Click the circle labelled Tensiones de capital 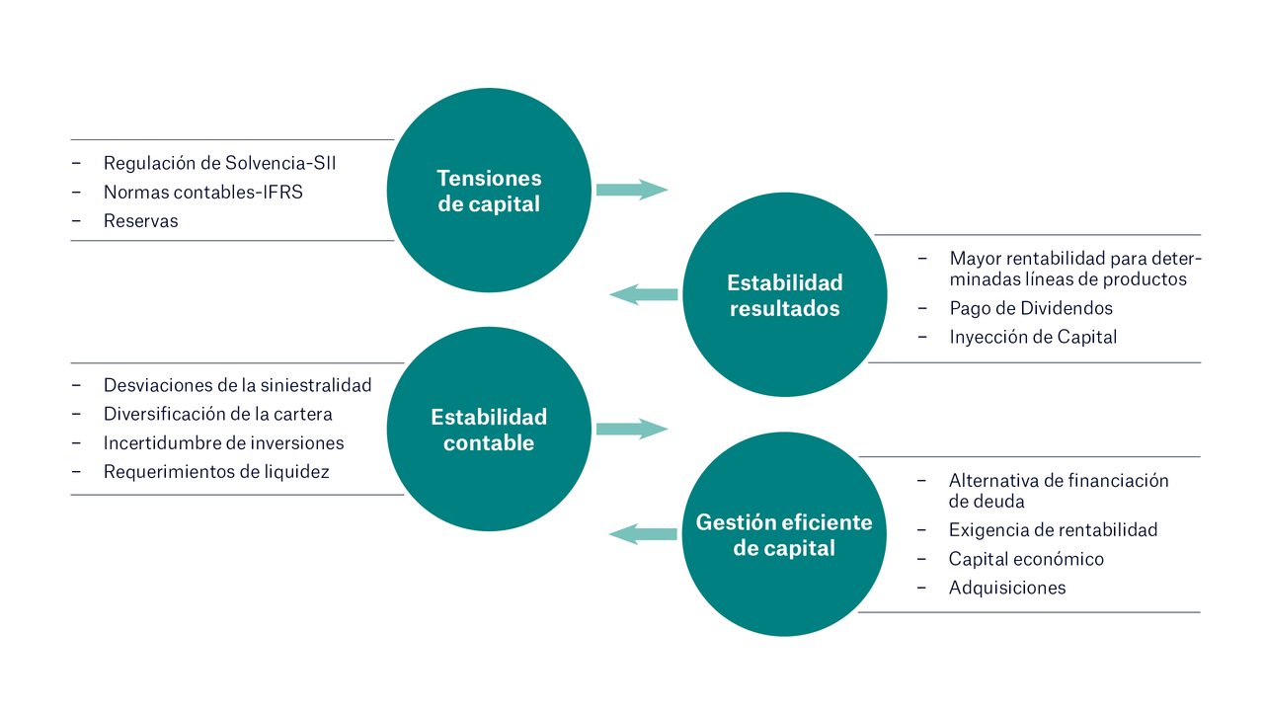coord(489,191)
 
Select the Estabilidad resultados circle coord(785,295)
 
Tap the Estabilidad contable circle coord(489,430)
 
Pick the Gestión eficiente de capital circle coord(784,534)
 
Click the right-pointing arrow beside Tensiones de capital coord(632,190)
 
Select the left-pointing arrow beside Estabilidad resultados coord(644,293)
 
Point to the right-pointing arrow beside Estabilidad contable coord(632,429)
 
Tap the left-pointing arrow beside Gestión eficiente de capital coord(643,534)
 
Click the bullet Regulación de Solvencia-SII coord(219,163)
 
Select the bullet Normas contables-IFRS coord(202,193)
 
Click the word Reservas coord(141,221)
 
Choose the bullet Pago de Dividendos coord(1031,308)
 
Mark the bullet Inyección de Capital coord(1033,337)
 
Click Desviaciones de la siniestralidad coord(237,385)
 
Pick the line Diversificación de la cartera coord(217,414)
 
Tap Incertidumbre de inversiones coord(223,443)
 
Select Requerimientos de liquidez coord(216,472)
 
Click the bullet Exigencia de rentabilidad coord(1053,530)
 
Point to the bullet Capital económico coord(1026,559)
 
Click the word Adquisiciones coord(1007,588)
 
